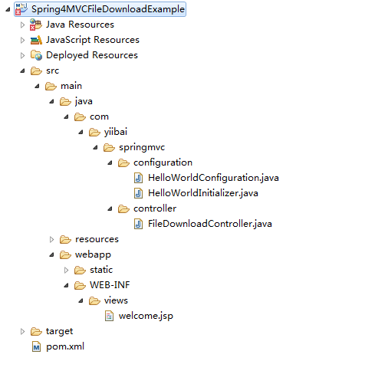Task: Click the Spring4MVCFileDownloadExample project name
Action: click(x=108, y=9)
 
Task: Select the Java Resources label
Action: click(x=80, y=25)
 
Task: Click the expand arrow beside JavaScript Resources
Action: click(x=22, y=40)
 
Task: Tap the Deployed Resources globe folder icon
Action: click(x=36, y=55)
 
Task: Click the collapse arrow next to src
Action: click(x=22, y=71)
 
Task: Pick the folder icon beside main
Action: click(x=51, y=87)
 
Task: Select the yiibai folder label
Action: click(x=116, y=132)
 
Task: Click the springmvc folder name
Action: click(x=142, y=147)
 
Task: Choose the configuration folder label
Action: click(x=163, y=162)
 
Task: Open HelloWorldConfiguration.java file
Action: click(x=213, y=178)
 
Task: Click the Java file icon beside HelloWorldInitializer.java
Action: click(x=138, y=193)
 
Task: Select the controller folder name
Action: click(x=155, y=208)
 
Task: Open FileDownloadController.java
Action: click(x=210, y=224)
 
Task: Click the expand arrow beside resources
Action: click(x=51, y=239)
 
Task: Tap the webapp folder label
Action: click(x=93, y=254)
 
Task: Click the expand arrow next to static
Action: click(x=66, y=270)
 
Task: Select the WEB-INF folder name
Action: click(x=110, y=285)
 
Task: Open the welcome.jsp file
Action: click(x=146, y=316)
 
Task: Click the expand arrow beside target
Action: click(x=22, y=331)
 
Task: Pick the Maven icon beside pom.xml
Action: click(x=36, y=346)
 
